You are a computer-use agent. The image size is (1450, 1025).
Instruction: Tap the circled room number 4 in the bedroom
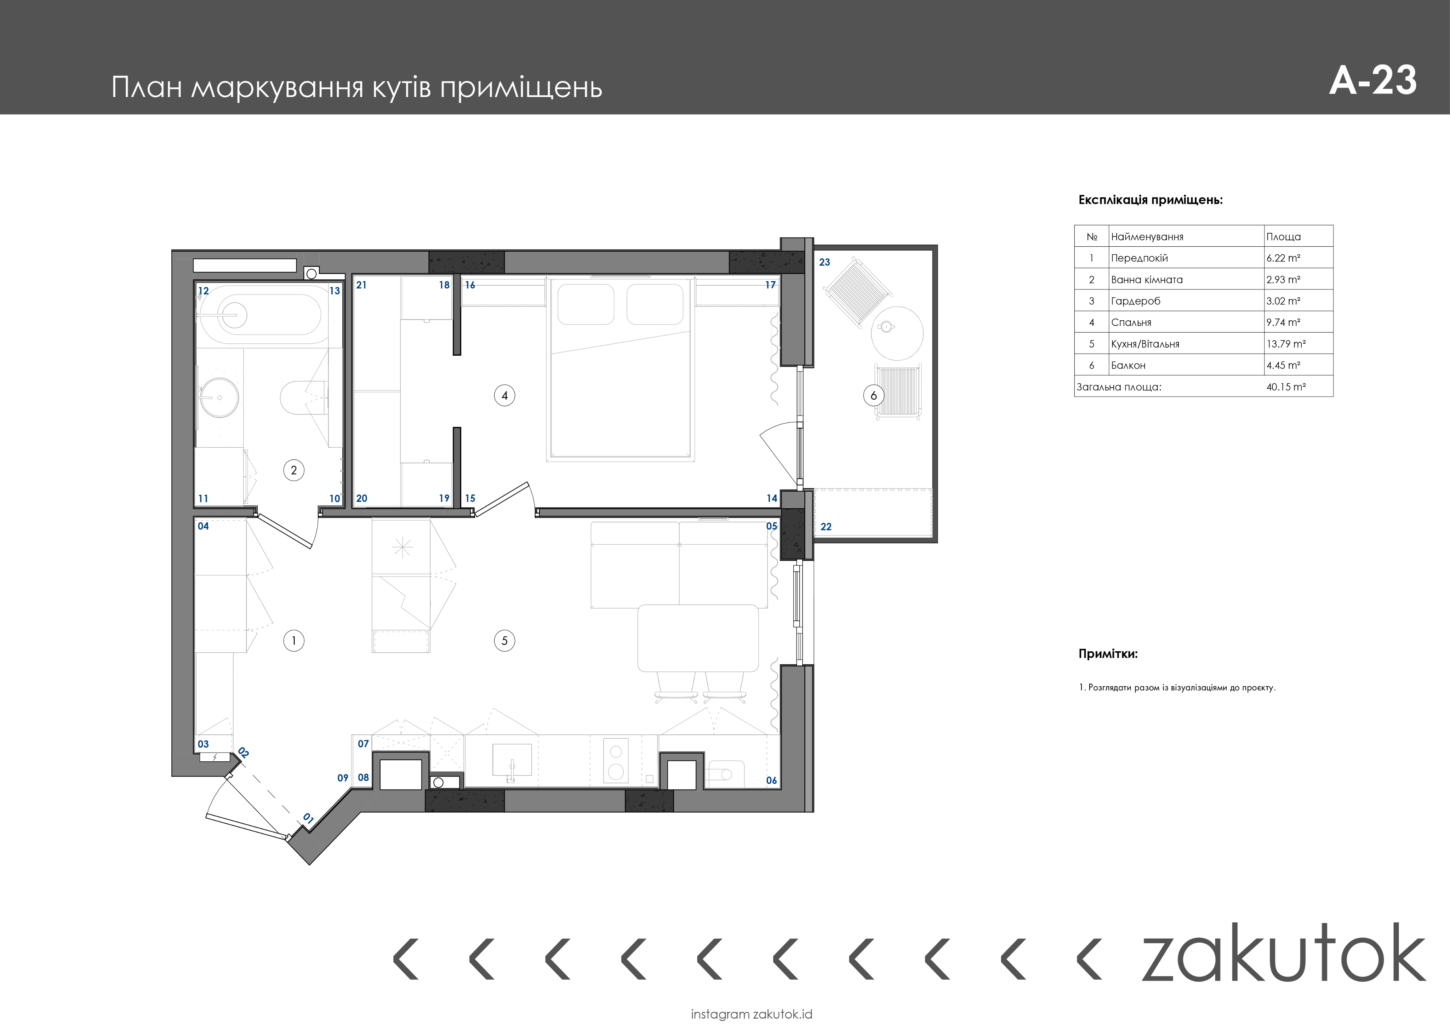[504, 396]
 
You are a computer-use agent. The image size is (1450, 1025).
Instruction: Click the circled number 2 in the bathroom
[294, 470]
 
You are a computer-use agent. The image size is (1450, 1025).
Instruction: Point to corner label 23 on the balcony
[825, 262]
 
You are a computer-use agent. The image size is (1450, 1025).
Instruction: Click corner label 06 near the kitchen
[771, 780]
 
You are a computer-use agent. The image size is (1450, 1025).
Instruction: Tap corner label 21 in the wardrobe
[361, 285]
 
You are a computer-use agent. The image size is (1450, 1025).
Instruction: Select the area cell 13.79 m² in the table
[1286, 344]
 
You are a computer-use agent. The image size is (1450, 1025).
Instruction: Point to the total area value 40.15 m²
[1286, 386]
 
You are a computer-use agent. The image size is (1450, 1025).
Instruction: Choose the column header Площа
[1283, 237]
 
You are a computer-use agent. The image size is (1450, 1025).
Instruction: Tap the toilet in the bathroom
[303, 397]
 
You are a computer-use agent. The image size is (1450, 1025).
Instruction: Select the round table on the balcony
[897, 333]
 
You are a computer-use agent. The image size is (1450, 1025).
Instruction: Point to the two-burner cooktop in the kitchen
[616, 761]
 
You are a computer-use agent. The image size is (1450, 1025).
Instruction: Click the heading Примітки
[1108, 654]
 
